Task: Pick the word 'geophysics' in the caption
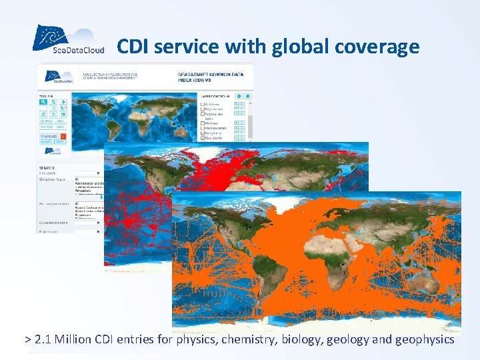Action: pyautogui.click(x=424, y=339)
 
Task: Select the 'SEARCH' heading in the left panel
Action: pyautogui.click(x=46, y=167)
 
